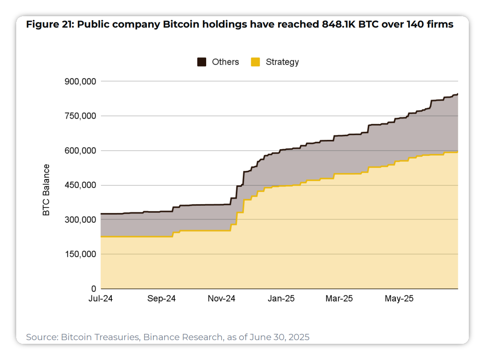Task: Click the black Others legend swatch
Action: click(x=202, y=62)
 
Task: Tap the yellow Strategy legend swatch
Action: click(x=255, y=62)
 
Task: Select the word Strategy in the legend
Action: click(x=282, y=62)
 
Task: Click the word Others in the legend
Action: click(x=225, y=62)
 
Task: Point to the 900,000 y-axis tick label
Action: click(x=80, y=82)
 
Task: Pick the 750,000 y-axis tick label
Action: click(x=80, y=116)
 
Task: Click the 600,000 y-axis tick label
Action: click(x=80, y=151)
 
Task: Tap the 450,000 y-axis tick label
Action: click(x=80, y=185)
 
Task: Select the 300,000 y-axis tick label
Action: click(x=80, y=220)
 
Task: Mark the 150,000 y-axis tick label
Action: click(x=80, y=254)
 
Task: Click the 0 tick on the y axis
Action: click(x=93, y=289)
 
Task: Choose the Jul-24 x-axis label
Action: click(x=100, y=299)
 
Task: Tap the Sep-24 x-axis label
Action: click(x=161, y=299)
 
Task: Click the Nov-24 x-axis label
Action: click(x=221, y=299)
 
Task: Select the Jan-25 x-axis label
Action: click(x=281, y=299)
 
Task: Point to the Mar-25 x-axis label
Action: click(x=339, y=299)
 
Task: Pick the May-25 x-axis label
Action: click(x=399, y=299)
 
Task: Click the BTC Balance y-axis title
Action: click(x=46, y=190)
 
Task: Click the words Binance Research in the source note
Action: click(x=183, y=337)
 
